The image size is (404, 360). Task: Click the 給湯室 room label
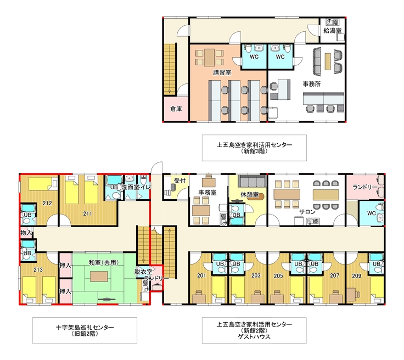pos(333,30)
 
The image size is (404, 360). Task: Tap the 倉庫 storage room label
pos(176,109)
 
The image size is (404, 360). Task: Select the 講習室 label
pos(222,72)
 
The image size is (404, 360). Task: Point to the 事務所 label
pos(311,84)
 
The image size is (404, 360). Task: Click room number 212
pos(47,203)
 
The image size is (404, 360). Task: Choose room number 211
pos(88,213)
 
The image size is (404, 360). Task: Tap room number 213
pos(38,269)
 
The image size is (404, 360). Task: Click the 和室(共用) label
pos(104,262)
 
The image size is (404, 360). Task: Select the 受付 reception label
pos(179,180)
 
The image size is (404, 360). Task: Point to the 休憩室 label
pos(249,194)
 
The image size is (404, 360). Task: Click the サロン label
pos(307,212)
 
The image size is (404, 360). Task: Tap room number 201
pos(201,275)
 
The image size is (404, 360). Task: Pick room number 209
pos(357,276)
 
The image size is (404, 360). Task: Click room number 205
pos(278,276)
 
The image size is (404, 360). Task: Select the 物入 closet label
pos(26,233)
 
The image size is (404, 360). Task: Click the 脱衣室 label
pos(143,272)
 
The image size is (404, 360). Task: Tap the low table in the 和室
pos(99,277)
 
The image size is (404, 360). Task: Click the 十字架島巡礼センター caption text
pos(85,327)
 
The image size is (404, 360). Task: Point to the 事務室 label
pos(207,192)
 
